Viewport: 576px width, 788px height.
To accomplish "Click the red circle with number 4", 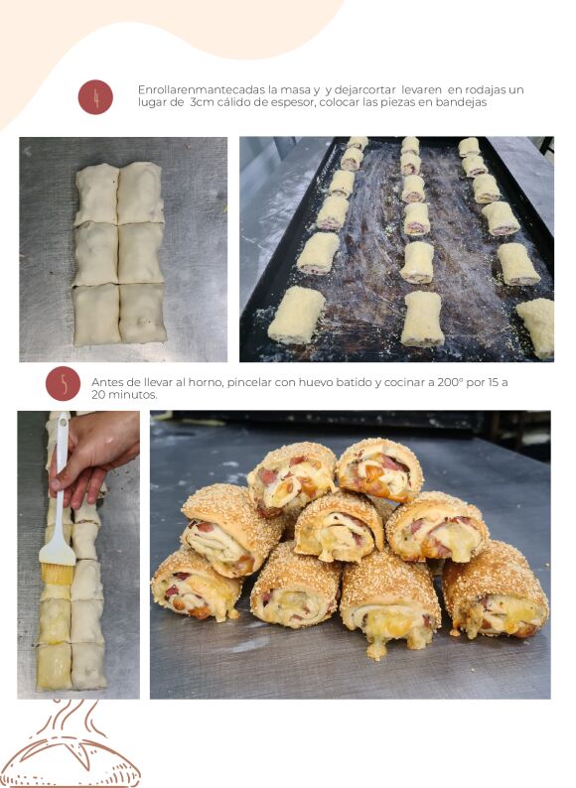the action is (95, 97).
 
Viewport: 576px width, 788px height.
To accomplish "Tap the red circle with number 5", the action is (63, 383).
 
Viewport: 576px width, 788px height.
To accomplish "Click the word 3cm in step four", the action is (203, 102).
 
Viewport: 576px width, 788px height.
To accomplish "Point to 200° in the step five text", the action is (450, 382).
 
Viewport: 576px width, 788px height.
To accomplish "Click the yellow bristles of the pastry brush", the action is (57, 574).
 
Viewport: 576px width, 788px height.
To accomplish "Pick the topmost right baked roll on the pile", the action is (380, 468).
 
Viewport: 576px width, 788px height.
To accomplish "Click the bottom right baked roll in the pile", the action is (495, 589).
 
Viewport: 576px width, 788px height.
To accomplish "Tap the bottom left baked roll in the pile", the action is (196, 585).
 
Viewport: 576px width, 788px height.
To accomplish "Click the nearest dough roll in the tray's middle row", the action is (423, 320).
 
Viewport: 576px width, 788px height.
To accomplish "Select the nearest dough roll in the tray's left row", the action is (297, 315).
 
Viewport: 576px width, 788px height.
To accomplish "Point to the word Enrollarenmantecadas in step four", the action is (202, 90).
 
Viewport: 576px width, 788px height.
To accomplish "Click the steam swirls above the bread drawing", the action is (75, 718).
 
